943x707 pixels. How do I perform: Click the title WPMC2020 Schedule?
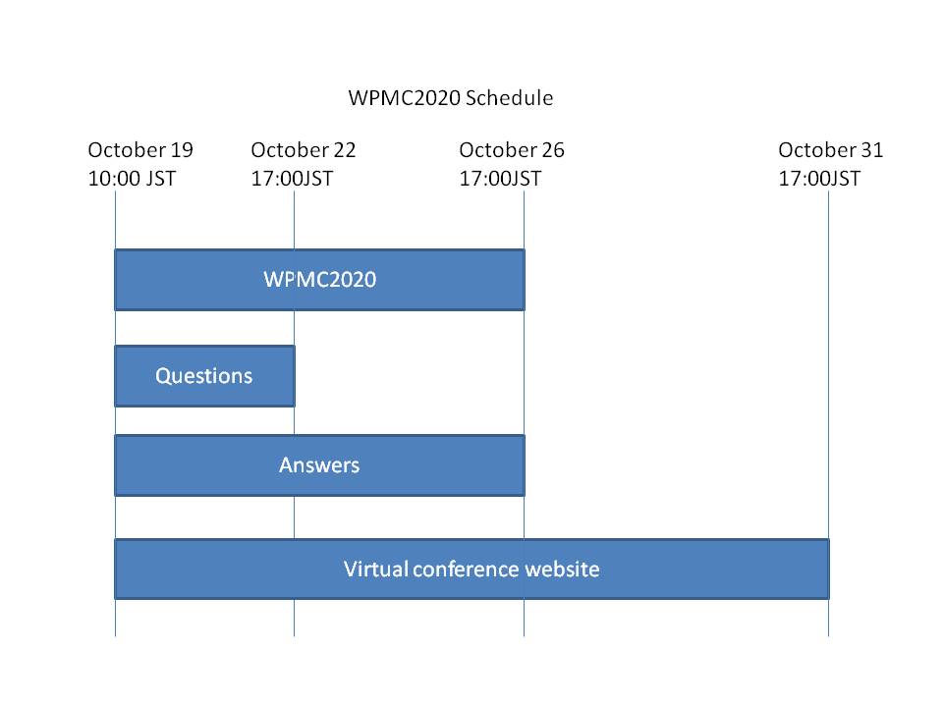tap(451, 98)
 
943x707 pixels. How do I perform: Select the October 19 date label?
tap(140, 149)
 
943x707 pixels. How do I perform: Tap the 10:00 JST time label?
tap(132, 179)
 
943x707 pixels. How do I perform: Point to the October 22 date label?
tap(304, 149)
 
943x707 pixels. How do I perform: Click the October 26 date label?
tap(511, 149)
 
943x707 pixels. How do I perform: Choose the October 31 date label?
tap(831, 149)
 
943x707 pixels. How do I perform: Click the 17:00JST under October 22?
tap(292, 179)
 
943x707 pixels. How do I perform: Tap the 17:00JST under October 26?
tap(500, 179)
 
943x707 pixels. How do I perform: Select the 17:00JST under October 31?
tap(819, 179)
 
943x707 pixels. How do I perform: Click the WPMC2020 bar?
tap(319, 280)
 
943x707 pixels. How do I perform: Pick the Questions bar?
tap(204, 376)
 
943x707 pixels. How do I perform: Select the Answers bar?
tap(319, 465)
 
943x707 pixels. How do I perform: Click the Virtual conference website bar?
tap(471, 569)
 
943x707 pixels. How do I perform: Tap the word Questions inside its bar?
tap(204, 376)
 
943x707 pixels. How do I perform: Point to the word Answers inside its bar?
tap(319, 465)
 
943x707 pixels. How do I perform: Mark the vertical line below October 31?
tap(828, 413)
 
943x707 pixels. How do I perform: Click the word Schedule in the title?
tap(510, 98)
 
